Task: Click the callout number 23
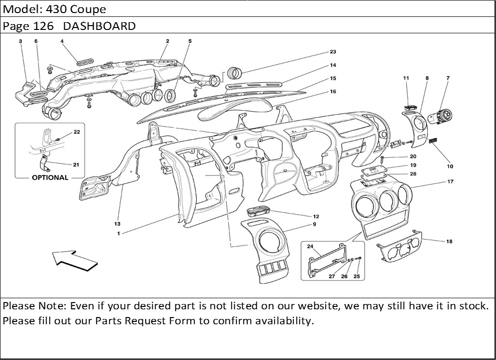[332, 52]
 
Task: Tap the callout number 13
[117, 224]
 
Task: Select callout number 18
[449, 242]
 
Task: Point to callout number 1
[118, 233]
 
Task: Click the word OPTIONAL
[50, 177]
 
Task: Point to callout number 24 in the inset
[310, 247]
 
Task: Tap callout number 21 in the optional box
[76, 165]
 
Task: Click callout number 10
[450, 166]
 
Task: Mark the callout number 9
[314, 224]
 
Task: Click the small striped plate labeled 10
[433, 141]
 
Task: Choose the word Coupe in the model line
[91, 9]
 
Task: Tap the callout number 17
[450, 182]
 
